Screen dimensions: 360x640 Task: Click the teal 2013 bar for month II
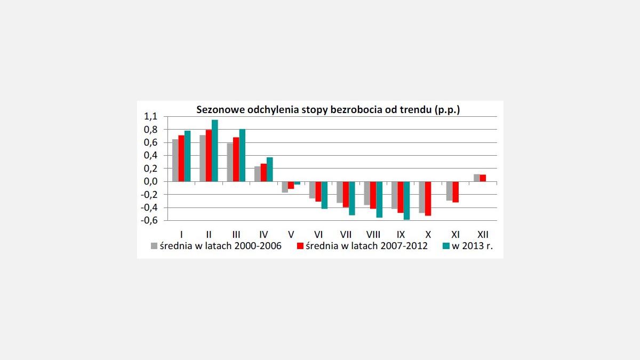point(214,151)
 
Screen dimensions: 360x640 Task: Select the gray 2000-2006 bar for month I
point(175,161)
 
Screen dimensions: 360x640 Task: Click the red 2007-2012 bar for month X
point(428,198)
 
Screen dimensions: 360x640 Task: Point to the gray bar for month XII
point(477,178)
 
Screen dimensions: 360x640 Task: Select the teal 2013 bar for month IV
point(269,170)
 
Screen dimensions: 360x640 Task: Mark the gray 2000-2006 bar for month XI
point(450,191)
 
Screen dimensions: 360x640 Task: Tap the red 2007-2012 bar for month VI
point(318,191)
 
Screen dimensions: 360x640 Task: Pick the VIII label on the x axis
point(373,234)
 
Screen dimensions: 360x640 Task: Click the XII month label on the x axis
point(483,234)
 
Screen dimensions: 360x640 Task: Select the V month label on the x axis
point(291,234)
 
